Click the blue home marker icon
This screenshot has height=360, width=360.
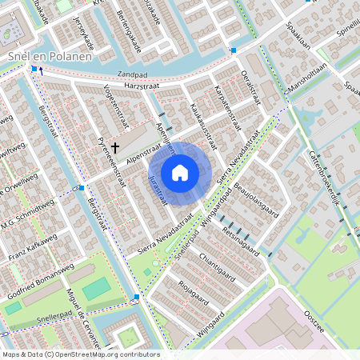[x=180, y=172]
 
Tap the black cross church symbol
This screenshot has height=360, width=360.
[x=115, y=147]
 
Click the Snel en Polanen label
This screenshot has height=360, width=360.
[x=49, y=57]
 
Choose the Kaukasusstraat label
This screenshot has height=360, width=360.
[x=203, y=124]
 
